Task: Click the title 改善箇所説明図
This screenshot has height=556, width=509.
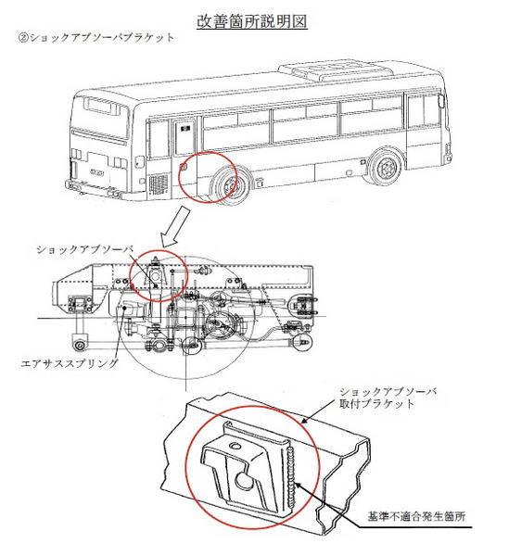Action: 252,21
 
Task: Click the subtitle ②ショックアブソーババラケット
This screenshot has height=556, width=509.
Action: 96,38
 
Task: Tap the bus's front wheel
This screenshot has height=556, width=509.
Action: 385,167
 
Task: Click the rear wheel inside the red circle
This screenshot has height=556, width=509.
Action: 228,186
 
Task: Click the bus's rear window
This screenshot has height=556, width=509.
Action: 101,106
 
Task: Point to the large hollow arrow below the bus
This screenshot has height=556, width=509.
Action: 175,227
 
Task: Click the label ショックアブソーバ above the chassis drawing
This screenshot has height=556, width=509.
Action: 84,249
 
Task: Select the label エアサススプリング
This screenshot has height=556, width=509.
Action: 70,363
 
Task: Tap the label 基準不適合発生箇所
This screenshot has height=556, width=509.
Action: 416,516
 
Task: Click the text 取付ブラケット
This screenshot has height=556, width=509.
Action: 376,404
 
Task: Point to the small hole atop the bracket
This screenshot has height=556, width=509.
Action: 235,446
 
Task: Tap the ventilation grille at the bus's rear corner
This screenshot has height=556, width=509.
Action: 159,184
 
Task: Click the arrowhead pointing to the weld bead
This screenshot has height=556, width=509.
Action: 299,486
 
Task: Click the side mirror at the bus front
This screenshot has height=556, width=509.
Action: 441,100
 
